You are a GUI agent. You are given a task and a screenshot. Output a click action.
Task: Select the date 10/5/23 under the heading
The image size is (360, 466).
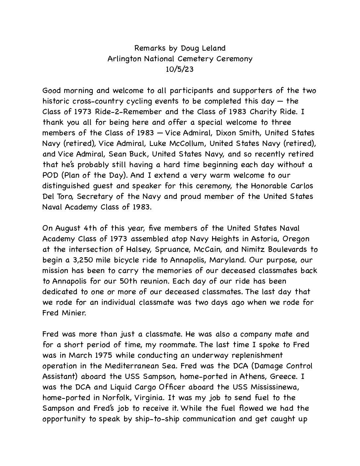180,70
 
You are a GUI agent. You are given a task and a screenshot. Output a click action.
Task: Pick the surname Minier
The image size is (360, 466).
73,313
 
